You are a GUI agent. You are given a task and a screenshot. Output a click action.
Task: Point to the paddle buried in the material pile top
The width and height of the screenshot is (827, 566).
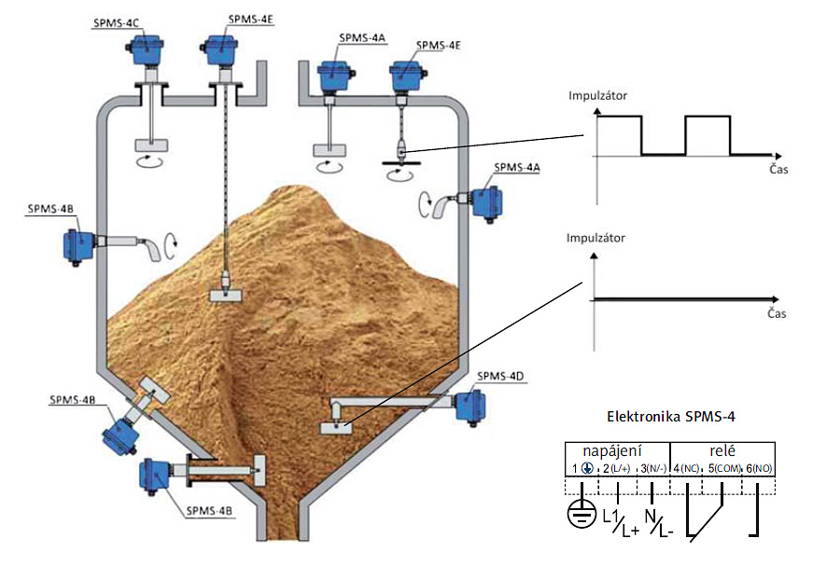[227, 295]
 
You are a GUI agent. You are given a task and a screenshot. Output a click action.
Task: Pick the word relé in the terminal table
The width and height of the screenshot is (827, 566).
[722, 450]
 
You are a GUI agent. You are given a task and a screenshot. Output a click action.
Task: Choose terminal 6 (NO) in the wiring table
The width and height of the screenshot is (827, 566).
[758, 467]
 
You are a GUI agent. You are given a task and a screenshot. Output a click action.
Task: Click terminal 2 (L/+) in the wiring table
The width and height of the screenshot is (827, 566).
[616, 467]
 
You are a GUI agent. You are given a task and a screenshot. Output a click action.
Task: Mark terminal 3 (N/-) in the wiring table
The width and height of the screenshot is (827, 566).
[651, 467]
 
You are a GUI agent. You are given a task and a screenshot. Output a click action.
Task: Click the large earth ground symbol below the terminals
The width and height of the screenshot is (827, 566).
[582, 516]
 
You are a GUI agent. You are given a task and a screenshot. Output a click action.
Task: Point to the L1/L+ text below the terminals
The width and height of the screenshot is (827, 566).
[620, 522]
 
